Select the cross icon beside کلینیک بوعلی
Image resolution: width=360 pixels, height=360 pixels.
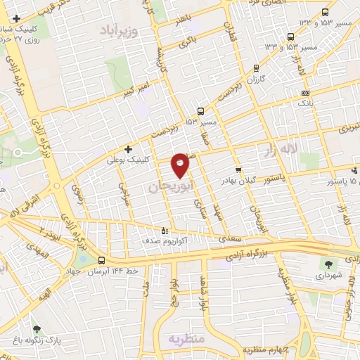pos(128,149)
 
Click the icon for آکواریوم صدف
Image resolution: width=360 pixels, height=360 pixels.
pos(165,230)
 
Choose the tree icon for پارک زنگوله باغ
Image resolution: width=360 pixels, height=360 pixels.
pos(37,328)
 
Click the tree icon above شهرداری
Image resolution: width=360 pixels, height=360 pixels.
pos(328,264)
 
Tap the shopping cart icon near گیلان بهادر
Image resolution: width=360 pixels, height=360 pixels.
pos(238,170)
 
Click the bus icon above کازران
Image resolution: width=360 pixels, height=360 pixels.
pos(256,69)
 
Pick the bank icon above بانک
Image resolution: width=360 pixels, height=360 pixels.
pos(304,93)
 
